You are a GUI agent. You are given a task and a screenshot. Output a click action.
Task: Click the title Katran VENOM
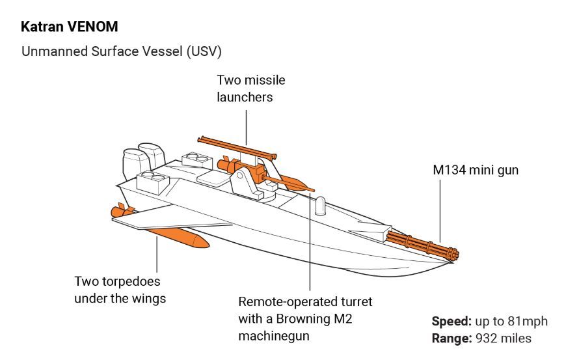point(70,27)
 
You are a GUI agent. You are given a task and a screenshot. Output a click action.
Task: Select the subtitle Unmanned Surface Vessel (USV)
point(121,51)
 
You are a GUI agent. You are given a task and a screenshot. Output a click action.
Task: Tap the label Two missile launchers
point(250,89)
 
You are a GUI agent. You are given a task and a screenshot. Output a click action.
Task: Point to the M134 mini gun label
point(476,170)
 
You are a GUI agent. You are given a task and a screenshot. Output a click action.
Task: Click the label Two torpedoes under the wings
point(120,290)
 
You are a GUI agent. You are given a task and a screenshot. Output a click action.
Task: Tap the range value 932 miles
point(503,339)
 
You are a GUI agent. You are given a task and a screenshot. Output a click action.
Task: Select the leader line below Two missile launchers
point(247,127)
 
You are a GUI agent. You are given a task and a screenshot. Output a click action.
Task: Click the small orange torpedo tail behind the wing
point(122,211)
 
